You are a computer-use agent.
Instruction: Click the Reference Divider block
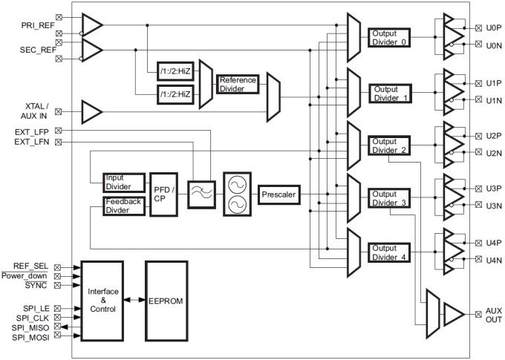238,84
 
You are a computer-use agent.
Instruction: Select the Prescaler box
278,194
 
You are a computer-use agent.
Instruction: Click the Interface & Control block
102,301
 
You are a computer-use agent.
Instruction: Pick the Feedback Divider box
123,206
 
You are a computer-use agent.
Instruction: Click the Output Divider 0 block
388,36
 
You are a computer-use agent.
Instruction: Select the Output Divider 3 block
388,197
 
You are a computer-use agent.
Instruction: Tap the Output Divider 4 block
388,252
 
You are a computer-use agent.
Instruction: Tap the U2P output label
492,136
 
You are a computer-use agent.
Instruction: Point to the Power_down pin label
28,275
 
